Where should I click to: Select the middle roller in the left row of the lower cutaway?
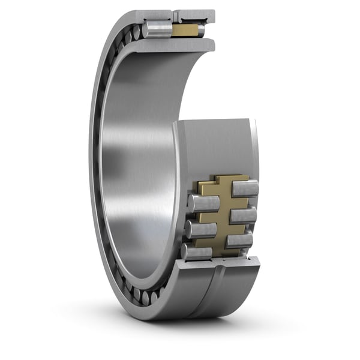click(200, 229)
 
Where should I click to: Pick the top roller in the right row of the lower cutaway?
click(245, 188)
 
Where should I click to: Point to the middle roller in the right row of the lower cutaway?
click(242, 215)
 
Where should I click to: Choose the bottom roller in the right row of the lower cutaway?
click(239, 241)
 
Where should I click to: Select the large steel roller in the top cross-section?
click(158, 29)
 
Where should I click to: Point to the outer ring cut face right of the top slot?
click(195, 14)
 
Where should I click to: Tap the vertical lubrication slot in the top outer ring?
click(175, 14)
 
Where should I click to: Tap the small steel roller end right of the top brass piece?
click(201, 30)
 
